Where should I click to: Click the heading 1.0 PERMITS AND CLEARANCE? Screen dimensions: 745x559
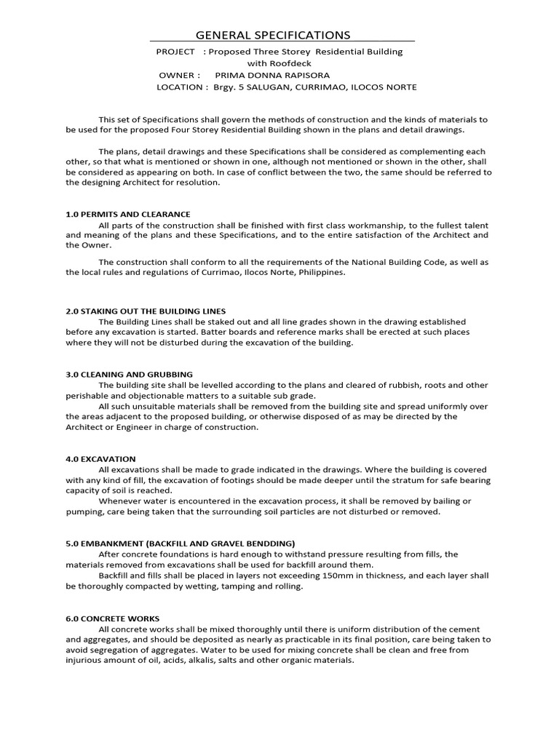pyautogui.click(x=127, y=215)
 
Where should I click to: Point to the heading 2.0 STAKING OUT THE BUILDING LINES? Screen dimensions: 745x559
pyautogui.click(x=146, y=311)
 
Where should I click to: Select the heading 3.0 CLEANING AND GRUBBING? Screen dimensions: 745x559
pyautogui.click(x=129, y=374)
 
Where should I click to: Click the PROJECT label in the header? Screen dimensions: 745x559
pyautogui.click(x=175, y=52)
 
